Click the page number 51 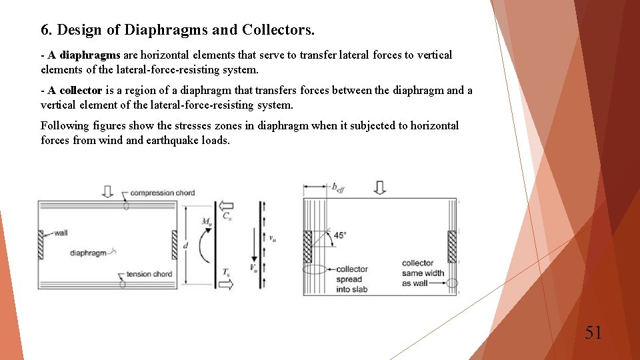(x=593, y=332)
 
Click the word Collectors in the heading (x=278, y=30)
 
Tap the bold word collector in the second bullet (x=81, y=91)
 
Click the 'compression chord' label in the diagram (x=162, y=193)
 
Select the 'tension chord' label (x=149, y=274)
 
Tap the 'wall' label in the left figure (x=61, y=233)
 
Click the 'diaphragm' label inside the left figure (x=88, y=253)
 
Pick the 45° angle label (x=340, y=235)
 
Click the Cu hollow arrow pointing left (x=227, y=206)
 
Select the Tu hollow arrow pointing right (x=227, y=283)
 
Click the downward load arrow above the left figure (x=107, y=192)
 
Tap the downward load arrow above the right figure (x=379, y=188)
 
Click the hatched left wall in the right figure (x=308, y=246)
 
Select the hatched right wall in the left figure (x=175, y=245)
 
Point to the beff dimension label (x=339, y=188)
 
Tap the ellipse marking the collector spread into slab (x=315, y=269)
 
